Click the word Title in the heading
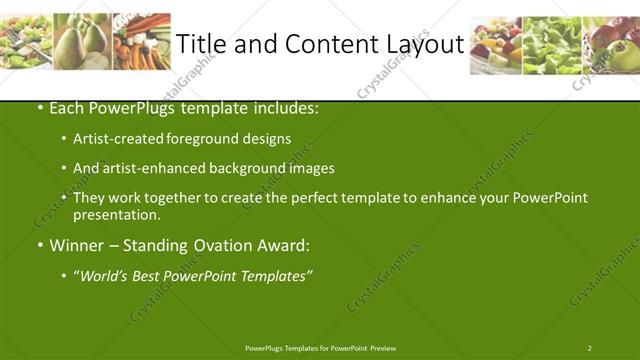click(x=203, y=44)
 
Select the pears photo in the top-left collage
click(x=82, y=41)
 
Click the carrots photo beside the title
click(x=141, y=41)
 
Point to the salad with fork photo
click(x=27, y=41)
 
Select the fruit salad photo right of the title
click(x=496, y=45)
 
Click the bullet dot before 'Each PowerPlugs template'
click(x=39, y=107)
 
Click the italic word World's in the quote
click(x=105, y=274)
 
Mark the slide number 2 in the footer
click(x=589, y=348)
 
